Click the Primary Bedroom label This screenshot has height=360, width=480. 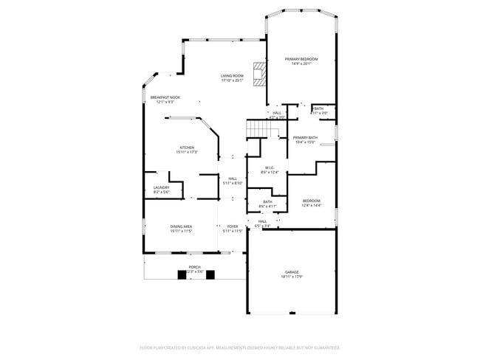pos(301,59)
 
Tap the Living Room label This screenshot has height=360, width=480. pos(232,76)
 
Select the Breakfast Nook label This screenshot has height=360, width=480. pos(165,97)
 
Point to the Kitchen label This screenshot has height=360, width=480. pos(187,148)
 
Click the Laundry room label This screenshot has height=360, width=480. pos(161,187)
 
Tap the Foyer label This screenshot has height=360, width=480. pos(233,226)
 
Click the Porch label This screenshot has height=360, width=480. pos(194,267)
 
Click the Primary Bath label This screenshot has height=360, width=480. pos(305,138)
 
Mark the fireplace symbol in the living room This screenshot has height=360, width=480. pos(259,75)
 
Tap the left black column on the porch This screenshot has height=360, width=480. pos(181,275)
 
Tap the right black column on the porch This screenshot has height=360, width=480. pos(210,275)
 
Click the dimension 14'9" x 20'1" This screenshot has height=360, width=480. pos(301,63)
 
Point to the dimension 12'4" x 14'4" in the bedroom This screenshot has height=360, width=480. pos(312,205)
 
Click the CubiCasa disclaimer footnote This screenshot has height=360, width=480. pos(240,347)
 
